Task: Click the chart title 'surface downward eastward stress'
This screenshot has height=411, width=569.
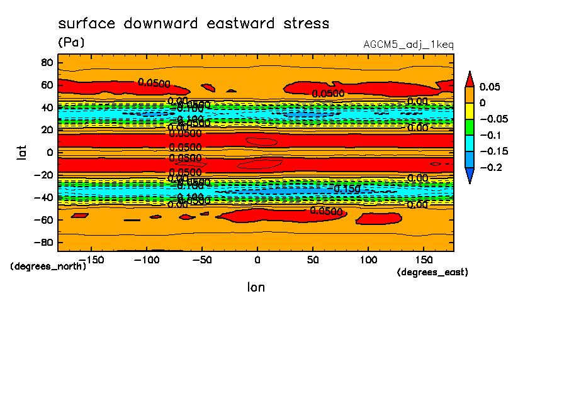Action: [193, 24]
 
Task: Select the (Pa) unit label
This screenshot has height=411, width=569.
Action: [70, 43]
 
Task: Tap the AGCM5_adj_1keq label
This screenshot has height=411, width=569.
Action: [408, 45]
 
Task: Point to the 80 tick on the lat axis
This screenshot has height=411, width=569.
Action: [46, 62]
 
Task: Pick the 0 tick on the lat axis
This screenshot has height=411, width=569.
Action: [50, 152]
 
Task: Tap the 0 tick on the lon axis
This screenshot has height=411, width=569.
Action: [257, 259]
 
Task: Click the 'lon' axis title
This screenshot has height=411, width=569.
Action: [256, 287]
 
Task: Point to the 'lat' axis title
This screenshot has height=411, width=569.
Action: [22, 151]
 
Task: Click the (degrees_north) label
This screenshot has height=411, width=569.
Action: [48, 266]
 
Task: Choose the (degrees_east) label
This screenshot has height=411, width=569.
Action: [432, 272]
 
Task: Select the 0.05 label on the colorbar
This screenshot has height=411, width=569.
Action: [489, 86]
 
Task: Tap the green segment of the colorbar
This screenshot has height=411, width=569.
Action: [469, 127]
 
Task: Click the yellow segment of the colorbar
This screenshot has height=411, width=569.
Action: [469, 111]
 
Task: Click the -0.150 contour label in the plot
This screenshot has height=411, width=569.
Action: [347, 189]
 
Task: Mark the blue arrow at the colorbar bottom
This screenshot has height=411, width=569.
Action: [469, 175]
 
